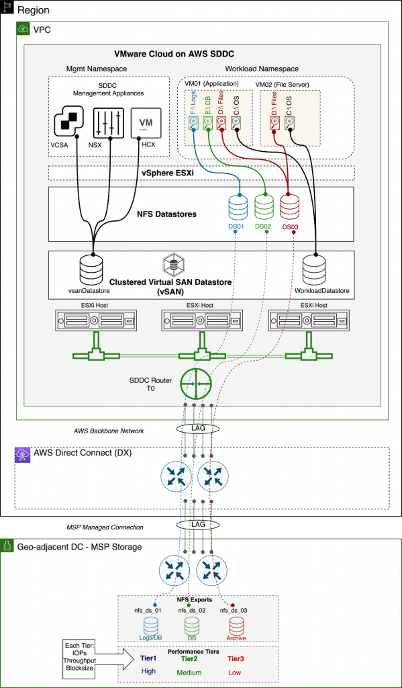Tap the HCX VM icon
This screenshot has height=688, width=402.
pos(146,122)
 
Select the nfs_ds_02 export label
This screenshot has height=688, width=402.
pos(191,610)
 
